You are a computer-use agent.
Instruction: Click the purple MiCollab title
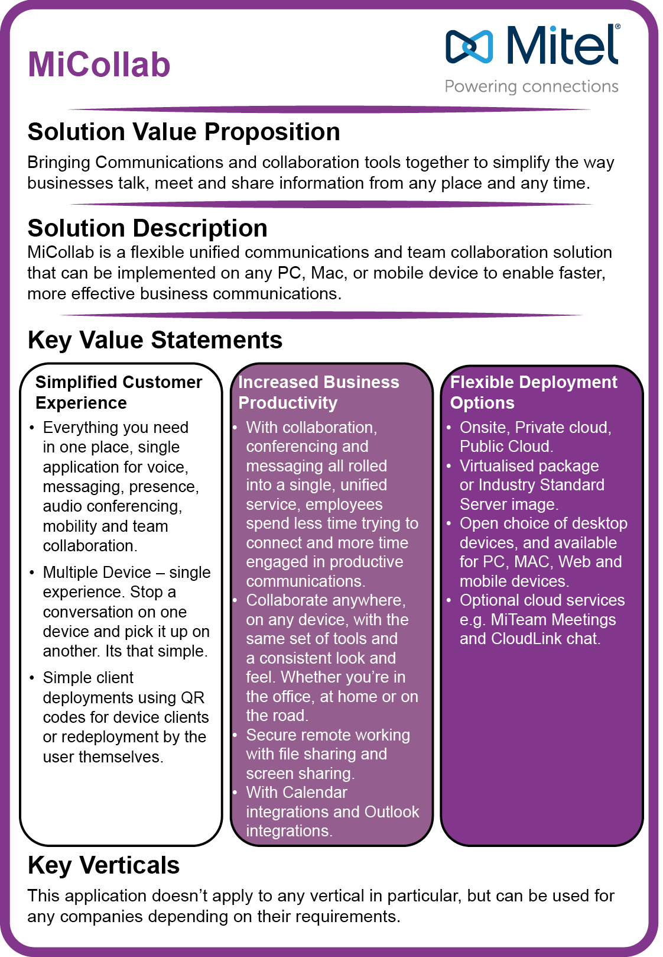point(99,64)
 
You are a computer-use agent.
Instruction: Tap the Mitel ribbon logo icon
point(469,46)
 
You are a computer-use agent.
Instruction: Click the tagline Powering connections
point(531,86)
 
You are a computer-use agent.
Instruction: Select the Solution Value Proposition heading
point(184,132)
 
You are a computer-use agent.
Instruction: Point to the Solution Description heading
point(148,228)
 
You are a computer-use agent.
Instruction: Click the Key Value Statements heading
point(155,340)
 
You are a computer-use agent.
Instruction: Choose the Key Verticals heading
point(103,865)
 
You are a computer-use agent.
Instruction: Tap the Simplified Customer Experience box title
point(118,392)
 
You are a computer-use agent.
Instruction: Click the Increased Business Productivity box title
point(318,392)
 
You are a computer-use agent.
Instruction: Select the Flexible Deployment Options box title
point(533,392)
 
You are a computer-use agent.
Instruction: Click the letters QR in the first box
point(193,698)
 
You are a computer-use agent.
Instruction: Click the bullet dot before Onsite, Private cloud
point(449,428)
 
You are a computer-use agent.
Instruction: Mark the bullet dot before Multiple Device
point(32,573)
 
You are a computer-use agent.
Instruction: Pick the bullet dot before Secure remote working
point(235,735)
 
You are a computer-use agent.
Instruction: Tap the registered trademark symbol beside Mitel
point(617,27)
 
